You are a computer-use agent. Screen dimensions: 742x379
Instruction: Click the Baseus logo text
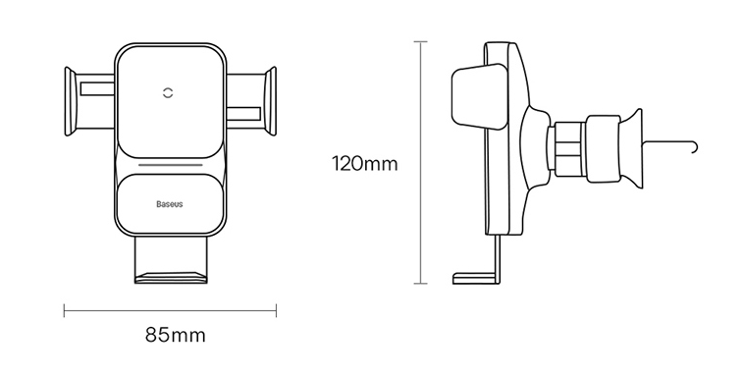tap(170, 204)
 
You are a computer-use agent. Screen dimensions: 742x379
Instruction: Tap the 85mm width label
tap(176, 335)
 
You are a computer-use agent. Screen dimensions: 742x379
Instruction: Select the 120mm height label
tap(365, 164)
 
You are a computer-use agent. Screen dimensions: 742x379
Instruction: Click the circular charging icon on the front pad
tap(168, 92)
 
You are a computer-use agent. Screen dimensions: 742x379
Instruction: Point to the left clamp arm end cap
tap(70, 102)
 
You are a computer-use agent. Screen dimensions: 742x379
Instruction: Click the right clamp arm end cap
tap(271, 101)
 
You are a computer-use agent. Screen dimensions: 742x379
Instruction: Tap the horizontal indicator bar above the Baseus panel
tap(171, 166)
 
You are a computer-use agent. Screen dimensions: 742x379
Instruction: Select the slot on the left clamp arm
tap(97, 89)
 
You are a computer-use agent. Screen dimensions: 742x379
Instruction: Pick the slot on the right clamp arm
tap(243, 114)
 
